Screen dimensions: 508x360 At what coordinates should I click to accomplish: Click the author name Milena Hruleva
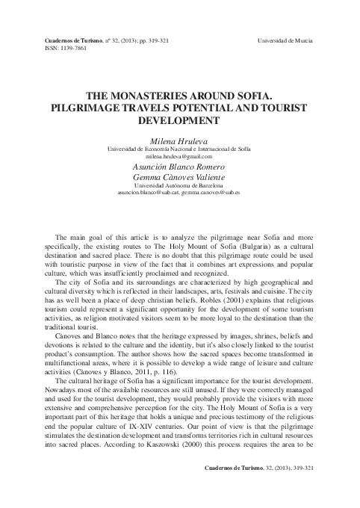(180, 139)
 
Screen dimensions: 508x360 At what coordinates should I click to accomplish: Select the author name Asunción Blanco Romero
(180, 168)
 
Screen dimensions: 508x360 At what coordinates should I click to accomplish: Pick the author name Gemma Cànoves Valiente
(180, 179)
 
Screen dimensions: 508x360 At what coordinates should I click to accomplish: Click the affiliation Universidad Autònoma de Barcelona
(180, 188)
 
